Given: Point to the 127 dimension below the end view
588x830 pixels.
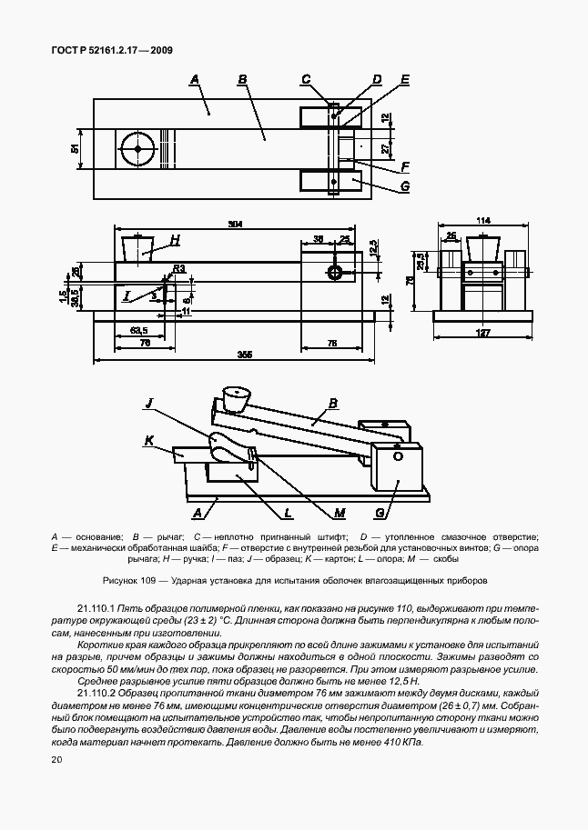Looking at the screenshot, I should (x=483, y=333).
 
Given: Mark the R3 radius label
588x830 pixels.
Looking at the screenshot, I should (x=180, y=268).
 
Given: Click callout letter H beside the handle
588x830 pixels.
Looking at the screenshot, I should (x=175, y=239).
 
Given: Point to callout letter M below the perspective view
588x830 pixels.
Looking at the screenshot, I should (x=339, y=514).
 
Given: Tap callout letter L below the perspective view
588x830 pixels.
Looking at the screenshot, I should (x=287, y=514).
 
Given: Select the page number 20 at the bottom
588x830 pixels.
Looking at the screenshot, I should (x=57, y=760).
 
